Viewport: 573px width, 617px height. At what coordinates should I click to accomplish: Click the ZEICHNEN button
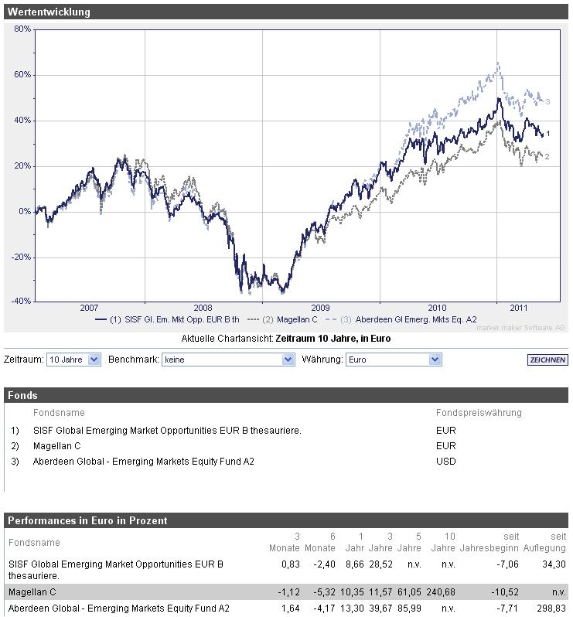[x=547, y=360]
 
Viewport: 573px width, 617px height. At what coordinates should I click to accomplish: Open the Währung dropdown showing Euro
[x=392, y=360]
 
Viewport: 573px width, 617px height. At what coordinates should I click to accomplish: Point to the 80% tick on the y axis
[x=22, y=29]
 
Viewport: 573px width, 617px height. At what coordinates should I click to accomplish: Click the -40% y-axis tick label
[x=21, y=302]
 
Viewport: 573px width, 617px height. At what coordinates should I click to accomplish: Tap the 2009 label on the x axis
[x=320, y=307]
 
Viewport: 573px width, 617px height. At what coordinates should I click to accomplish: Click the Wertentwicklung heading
[x=49, y=12]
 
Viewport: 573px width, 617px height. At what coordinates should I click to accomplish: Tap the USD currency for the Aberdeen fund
[x=446, y=462]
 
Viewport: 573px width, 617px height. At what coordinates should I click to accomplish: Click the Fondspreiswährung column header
[x=479, y=413]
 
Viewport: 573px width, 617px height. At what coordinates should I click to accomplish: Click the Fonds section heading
[x=23, y=395]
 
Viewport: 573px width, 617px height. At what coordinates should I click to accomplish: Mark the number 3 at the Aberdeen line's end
[x=547, y=102]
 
